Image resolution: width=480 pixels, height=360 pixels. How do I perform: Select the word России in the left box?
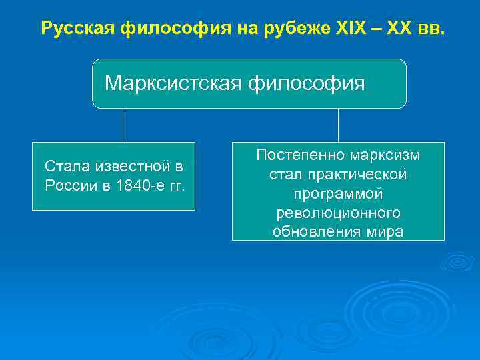71,185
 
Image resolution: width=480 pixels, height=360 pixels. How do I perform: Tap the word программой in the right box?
338,194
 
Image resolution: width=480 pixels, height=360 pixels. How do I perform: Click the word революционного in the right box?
338,213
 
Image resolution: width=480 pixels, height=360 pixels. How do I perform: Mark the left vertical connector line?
123,125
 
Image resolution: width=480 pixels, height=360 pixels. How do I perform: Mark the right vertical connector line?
338,125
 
